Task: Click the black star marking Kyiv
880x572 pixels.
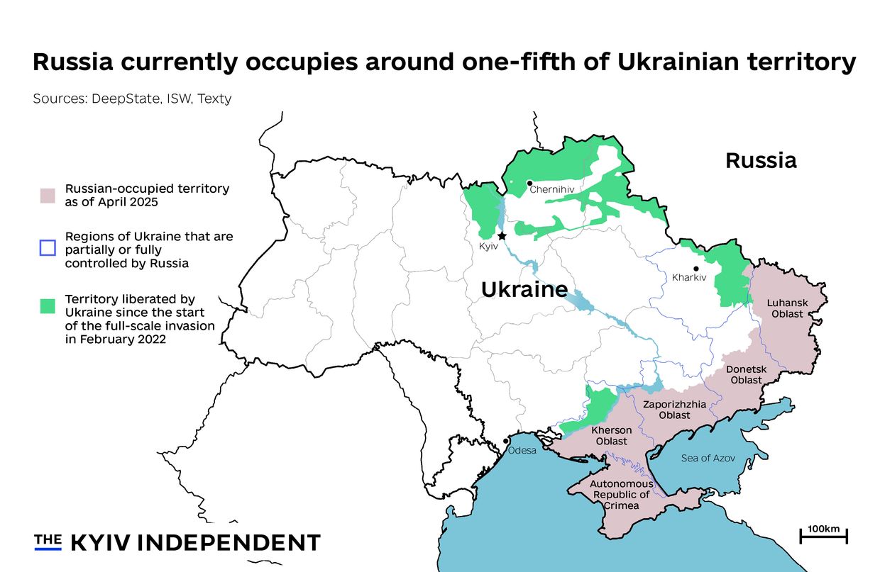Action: [502, 235]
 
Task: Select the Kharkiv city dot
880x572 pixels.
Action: [696, 269]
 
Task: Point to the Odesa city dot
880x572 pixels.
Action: [505, 441]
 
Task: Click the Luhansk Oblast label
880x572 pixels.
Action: [787, 308]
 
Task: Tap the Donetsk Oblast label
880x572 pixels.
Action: [746, 375]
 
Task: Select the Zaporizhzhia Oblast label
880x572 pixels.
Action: [674, 410]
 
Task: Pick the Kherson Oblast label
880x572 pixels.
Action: [611, 436]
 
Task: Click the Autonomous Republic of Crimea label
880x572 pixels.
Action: [611, 495]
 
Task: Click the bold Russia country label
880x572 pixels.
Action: [761, 161]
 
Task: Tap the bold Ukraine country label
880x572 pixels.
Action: [524, 289]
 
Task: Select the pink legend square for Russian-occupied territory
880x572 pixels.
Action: [48, 196]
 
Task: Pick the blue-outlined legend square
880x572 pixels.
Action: [48, 248]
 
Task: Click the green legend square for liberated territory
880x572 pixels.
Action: [48, 306]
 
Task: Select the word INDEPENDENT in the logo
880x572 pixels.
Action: [229, 543]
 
